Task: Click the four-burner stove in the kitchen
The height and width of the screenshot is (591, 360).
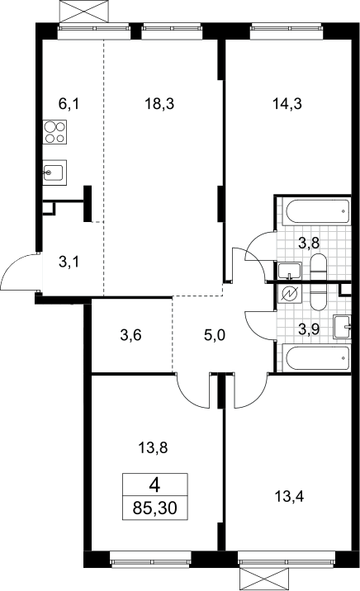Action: tap(54, 132)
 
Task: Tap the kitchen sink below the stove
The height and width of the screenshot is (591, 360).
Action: tap(54, 173)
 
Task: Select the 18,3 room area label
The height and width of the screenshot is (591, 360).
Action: tap(159, 104)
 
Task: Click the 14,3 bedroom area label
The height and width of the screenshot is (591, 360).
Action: tap(287, 104)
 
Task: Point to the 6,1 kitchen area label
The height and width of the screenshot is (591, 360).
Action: tap(69, 104)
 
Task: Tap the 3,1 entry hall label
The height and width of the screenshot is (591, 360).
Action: tap(69, 262)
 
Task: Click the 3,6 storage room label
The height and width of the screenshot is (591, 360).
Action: tap(130, 334)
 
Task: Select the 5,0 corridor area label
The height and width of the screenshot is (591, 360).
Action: tap(215, 334)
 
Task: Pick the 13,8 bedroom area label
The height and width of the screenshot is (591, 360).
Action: tap(153, 448)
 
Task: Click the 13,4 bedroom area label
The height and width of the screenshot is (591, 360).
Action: tap(289, 497)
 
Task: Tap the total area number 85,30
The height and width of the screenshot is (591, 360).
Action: tap(155, 508)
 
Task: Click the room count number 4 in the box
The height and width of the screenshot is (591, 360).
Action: tap(154, 485)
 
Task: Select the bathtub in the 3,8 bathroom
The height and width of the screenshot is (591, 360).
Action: tap(318, 211)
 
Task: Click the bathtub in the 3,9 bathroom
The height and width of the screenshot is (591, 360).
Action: tap(318, 358)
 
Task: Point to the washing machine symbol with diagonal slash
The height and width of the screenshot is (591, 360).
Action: tap(289, 294)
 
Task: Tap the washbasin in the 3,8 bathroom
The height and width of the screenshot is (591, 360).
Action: tap(290, 271)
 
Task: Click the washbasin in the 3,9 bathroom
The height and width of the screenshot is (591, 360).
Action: tap(343, 327)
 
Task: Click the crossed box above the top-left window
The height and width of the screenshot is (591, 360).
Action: tap(86, 12)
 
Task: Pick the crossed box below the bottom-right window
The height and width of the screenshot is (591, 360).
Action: tap(265, 579)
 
